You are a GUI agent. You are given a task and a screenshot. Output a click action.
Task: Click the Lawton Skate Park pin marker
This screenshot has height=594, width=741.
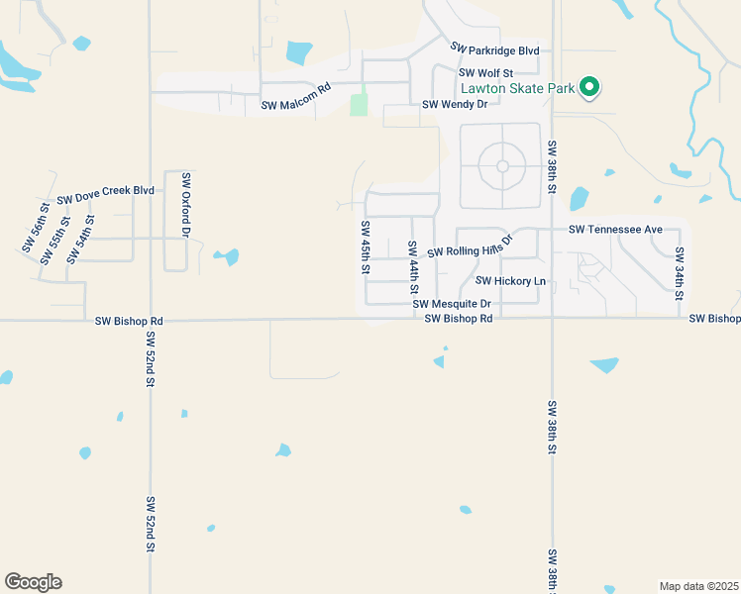pyautogui.click(x=589, y=87)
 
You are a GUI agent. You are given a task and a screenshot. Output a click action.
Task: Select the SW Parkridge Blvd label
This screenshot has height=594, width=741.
pyautogui.click(x=494, y=49)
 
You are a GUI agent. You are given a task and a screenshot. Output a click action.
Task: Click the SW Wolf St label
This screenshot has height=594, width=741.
pyautogui.click(x=485, y=73)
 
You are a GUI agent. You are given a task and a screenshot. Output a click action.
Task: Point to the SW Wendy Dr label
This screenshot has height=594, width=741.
pyautogui.click(x=455, y=104)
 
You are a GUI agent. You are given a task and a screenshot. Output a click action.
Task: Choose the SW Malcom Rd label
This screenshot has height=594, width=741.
pyautogui.click(x=295, y=101)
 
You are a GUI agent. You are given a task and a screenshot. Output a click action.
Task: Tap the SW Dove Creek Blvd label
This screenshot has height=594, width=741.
pyautogui.click(x=106, y=194)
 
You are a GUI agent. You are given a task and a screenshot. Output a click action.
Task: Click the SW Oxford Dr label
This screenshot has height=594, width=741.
pyautogui.click(x=185, y=205)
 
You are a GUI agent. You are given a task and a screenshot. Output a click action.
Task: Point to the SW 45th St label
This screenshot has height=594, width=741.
pyautogui.click(x=366, y=248)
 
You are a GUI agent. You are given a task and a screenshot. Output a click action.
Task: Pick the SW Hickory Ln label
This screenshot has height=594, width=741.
pyautogui.click(x=511, y=281)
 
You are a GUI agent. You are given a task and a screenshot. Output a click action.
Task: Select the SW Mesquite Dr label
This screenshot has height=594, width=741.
pyautogui.click(x=452, y=304)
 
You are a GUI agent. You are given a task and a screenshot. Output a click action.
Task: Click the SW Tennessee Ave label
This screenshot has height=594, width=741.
pyautogui.click(x=615, y=230)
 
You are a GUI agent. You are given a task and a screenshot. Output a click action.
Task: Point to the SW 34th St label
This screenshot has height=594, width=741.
pyautogui.click(x=680, y=273)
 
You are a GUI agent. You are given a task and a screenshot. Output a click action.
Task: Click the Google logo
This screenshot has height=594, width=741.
pyautogui.click(x=33, y=582)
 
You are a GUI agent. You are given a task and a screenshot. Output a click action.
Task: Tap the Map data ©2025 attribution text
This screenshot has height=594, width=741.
pyautogui.click(x=698, y=586)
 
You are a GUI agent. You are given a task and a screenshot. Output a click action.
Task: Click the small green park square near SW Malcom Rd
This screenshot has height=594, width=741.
pyautogui.click(x=359, y=103)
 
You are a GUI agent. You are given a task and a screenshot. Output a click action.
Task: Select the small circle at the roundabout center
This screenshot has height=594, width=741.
pyautogui.click(x=502, y=166)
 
